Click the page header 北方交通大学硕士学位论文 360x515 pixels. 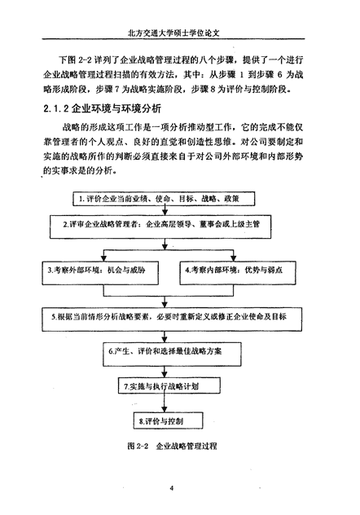coord(173,33)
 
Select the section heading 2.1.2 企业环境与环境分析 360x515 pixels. coord(102,108)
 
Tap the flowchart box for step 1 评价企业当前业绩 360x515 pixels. coord(164,199)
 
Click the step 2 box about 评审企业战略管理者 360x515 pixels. coord(160,227)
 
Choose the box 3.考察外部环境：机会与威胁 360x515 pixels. coord(100,273)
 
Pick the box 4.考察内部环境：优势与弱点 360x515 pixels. coord(238,273)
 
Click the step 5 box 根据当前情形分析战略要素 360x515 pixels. coord(172,319)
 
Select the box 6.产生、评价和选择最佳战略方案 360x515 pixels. coord(172,354)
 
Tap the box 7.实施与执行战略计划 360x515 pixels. coord(169,385)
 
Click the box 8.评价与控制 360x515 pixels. coord(168,420)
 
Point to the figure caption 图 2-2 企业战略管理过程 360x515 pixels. coord(173,446)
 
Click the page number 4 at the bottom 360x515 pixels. coord(172,488)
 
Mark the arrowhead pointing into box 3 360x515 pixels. coord(104,258)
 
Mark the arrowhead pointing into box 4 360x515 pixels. coord(233,258)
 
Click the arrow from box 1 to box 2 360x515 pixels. coord(165,210)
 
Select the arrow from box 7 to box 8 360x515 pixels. coord(165,403)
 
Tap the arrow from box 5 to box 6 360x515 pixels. coord(165,337)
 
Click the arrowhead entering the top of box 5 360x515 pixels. coord(165,305)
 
